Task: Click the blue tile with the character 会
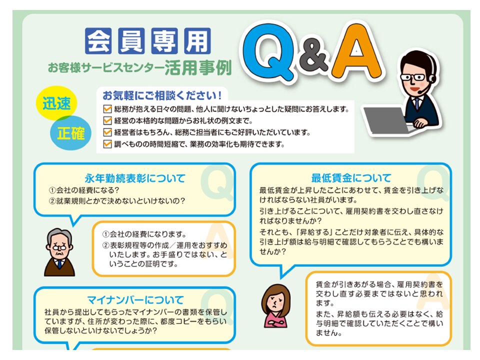pyautogui.click(x=98, y=40)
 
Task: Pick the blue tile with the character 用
pyautogui.click(x=197, y=40)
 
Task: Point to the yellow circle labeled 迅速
pyautogui.click(x=56, y=103)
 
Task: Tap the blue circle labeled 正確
pyautogui.click(x=71, y=133)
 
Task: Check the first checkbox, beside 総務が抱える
pyautogui.click(x=107, y=109)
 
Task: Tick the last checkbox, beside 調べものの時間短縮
pyautogui.click(x=107, y=144)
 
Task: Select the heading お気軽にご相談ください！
pyautogui.click(x=162, y=95)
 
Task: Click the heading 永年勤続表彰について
pyautogui.click(x=135, y=178)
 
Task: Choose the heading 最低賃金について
pyautogui.click(x=351, y=177)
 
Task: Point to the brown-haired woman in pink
pyautogui.click(x=275, y=305)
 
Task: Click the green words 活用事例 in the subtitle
pyautogui.click(x=198, y=67)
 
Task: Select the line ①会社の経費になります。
pyautogui.click(x=144, y=234)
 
